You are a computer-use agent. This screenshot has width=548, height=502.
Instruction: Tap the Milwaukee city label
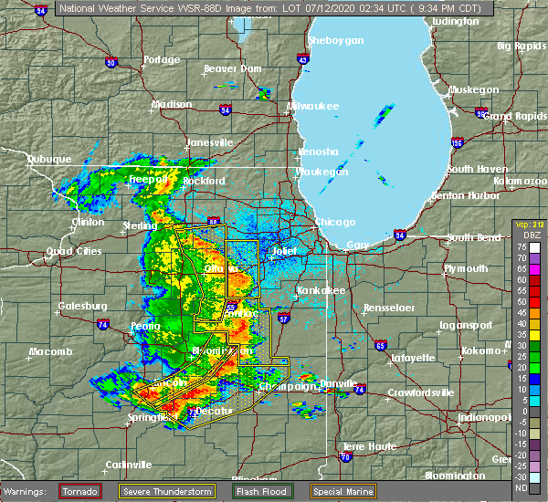pyautogui.click(x=313, y=107)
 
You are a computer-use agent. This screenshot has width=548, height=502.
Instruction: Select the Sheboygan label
pyautogui.click(x=336, y=41)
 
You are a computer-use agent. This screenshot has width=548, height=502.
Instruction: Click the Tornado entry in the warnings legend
pyautogui.click(x=80, y=491)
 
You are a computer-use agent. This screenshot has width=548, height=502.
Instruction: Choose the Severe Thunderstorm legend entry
pyautogui.click(x=171, y=491)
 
